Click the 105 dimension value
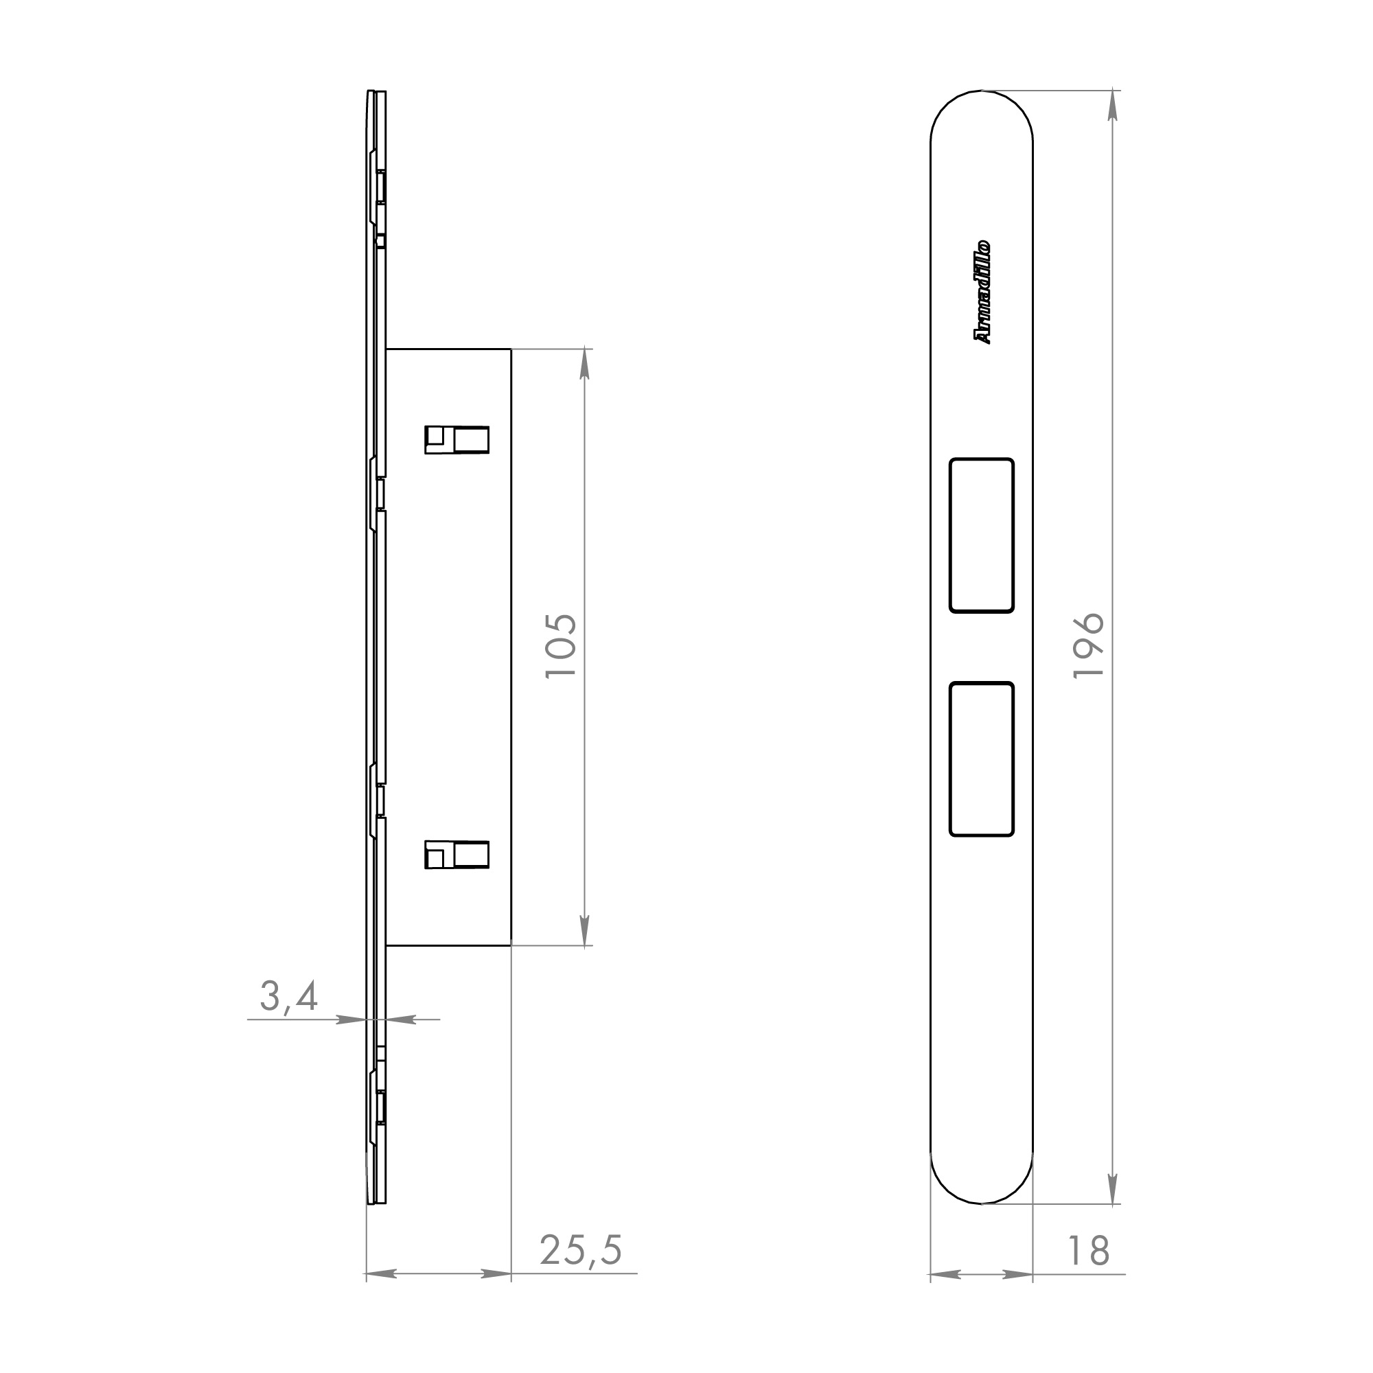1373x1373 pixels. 561,646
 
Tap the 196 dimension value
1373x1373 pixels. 1088,646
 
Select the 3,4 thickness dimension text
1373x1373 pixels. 288,997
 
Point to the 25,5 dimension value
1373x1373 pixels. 581,1250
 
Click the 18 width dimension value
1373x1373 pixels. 1088,1251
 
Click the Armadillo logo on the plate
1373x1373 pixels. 982,292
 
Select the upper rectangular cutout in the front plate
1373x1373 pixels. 982,535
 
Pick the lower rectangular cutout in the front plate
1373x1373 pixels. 982,759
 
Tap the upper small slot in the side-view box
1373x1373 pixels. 457,439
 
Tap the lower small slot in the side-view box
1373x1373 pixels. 457,854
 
